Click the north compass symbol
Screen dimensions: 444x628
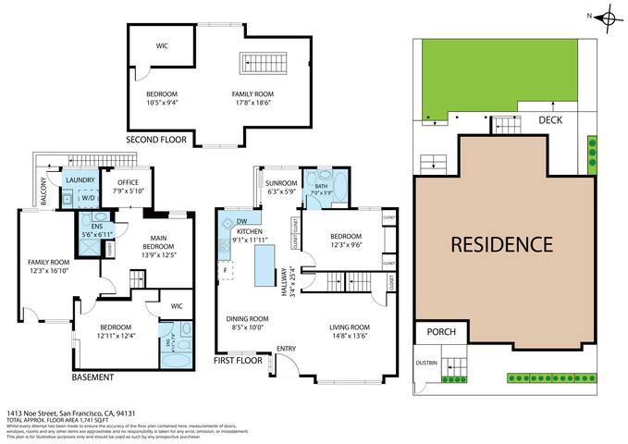[607, 16]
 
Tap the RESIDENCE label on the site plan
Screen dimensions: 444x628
[502, 244]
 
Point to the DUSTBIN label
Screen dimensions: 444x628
[427, 363]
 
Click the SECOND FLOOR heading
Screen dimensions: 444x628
[156, 141]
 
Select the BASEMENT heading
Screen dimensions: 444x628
[92, 377]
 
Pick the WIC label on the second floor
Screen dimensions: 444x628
[162, 43]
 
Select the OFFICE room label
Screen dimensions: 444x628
[125, 181]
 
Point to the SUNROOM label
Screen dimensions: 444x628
[281, 183]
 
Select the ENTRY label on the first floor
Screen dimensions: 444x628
[288, 349]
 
